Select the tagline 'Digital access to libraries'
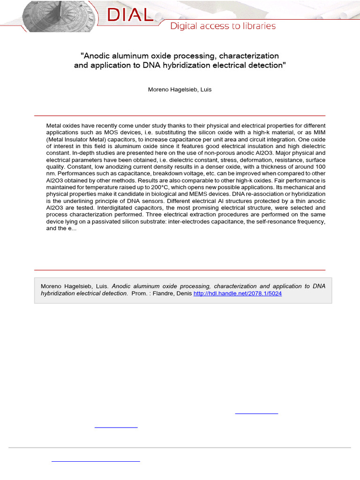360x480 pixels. pyautogui.click(x=223, y=26)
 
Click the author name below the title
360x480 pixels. pyautogui.click(x=180, y=90)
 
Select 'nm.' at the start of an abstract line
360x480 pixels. pyautogui.click(x=51, y=173)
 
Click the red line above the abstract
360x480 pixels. pyautogui.click(x=180, y=115)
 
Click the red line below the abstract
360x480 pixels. pyautogui.click(x=180, y=270)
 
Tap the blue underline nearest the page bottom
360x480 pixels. pyautogui.click(x=96, y=462)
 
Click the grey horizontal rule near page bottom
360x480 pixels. pyautogui.click(x=180, y=448)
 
